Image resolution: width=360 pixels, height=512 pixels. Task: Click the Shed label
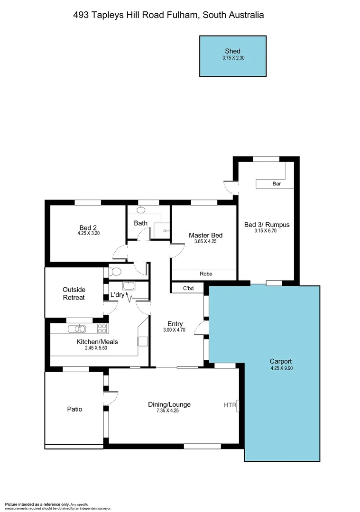click(x=232, y=51)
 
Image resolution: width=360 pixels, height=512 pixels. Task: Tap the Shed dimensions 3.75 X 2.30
click(x=232, y=58)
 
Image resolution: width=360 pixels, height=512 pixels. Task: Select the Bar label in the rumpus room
click(x=277, y=183)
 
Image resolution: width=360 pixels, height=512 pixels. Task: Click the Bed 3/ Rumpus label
click(x=267, y=225)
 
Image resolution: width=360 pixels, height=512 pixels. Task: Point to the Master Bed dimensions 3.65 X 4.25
click(x=205, y=242)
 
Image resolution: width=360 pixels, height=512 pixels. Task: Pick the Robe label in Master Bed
click(x=206, y=274)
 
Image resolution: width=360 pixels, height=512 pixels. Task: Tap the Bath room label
click(x=140, y=223)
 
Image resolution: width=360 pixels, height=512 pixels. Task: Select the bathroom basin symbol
click(x=141, y=210)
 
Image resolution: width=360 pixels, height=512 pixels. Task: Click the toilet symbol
click(x=115, y=272)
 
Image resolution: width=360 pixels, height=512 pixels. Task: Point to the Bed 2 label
click(x=88, y=228)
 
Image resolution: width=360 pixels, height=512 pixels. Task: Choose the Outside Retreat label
click(x=74, y=293)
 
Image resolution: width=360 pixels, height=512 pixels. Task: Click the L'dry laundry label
click(x=118, y=295)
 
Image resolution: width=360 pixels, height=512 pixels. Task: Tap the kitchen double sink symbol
click(x=76, y=329)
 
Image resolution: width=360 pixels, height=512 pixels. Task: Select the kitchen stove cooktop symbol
click(x=102, y=328)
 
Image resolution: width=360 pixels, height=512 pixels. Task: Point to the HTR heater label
click(x=230, y=405)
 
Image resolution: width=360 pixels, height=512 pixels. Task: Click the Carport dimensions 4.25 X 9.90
click(x=281, y=368)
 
